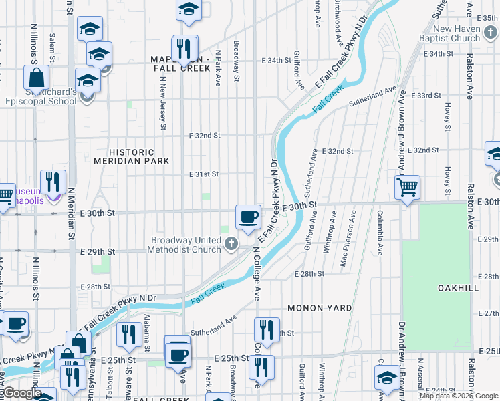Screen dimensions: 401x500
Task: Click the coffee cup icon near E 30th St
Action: coord(248,217)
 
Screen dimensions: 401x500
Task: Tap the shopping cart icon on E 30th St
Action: coord(407,187)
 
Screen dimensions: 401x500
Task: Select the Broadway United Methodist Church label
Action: coord(186,245)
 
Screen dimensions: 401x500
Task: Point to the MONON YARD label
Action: coord(314,308)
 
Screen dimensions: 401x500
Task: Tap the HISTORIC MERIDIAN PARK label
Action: coord(131,156)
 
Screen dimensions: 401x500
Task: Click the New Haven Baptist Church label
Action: coord(465,33)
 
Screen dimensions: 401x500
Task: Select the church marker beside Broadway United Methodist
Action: coord(231,244)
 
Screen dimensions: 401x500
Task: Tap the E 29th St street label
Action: coord(98,252)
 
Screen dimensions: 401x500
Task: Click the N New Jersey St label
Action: coord(163,101)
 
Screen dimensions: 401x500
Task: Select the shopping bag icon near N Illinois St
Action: coord(36,77)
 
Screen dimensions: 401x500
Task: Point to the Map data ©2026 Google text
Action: coord(459,396)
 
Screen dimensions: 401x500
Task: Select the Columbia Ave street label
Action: coord(379,232)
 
